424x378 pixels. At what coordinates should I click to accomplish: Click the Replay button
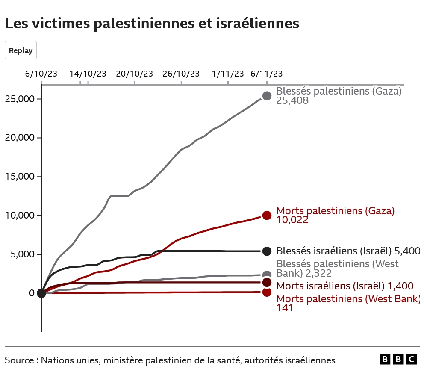[x=21, y=50]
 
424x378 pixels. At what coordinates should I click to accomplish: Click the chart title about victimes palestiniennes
[x=152, y=24]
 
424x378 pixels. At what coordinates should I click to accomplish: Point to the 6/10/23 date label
[x=41, y=74]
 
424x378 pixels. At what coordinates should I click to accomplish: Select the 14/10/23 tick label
[x=88, y=74]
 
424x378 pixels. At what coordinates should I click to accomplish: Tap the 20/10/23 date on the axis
[x=135, y=74]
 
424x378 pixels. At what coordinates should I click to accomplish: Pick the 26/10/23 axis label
[x=181, y=74]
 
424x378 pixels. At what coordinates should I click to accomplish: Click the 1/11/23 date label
[x=228, y=74]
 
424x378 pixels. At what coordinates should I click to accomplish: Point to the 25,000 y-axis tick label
[x=19, y=99]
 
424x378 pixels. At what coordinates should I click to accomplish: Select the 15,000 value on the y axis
[x=19, y=177]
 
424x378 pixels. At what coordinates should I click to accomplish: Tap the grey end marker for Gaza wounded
[x=267, y=96]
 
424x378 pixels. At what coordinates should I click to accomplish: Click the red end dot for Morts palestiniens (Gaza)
[x=267, y=216]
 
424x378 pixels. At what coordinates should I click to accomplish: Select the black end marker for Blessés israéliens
[x=267, y=251]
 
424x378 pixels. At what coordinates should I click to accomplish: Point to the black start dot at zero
[x=41, y=293]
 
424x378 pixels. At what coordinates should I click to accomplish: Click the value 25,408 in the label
[x=292, y=101]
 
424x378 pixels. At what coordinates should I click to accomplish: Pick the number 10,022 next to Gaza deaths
[x=292, y=220]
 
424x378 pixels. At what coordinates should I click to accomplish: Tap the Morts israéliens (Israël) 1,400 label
[x=345, y=286]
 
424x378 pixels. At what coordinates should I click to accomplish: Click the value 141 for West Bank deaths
[x=285, y=307]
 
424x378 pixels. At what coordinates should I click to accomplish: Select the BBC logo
[x=398, y=360]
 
